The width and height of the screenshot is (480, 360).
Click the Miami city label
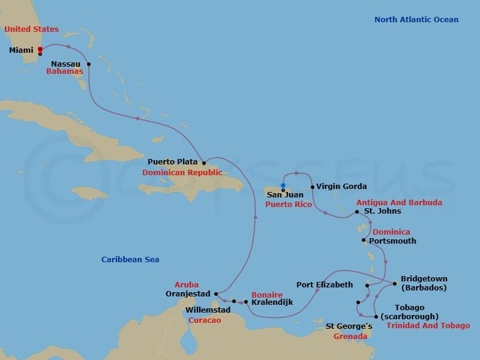tap(21, 50)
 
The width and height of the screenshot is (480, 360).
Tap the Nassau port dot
tap(89, 64)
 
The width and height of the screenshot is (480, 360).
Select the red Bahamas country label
tap(65, 71)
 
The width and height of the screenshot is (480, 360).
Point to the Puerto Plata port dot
tap(204, 163)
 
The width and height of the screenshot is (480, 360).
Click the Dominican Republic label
tap(182, 173)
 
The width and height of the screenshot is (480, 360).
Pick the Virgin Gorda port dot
tap(313, 187)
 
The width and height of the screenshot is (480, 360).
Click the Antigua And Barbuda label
tap(399, 203)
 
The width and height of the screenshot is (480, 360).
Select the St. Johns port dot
tap(357, 212)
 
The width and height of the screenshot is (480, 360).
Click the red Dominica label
tap(391, 232)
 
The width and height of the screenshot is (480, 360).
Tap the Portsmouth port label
tap(392, 241)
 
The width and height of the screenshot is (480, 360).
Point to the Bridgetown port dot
tap(395, 284)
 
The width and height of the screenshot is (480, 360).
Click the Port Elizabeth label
tap(325, 284)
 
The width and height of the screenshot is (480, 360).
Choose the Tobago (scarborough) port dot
tap(376, 317)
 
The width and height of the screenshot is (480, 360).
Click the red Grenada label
tap(350, 337)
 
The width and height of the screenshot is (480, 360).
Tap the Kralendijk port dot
tap(246, 302)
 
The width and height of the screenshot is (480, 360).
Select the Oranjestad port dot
tap(216, 294)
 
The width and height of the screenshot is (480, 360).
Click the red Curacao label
tap(205, 320)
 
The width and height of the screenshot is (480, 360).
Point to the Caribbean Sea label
tap(130, 260)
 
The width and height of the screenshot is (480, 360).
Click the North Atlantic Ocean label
tap(416, 20)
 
